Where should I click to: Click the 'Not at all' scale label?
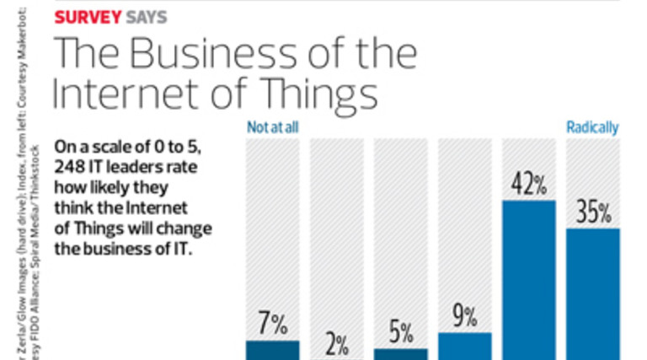(273, 128)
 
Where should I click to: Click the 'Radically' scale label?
(592, 128)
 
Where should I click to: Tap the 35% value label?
(592, 213)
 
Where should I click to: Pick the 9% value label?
(464, 317)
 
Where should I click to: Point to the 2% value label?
(336, 344)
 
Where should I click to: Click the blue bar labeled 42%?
(528, 278)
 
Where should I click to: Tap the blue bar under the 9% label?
(464, 346)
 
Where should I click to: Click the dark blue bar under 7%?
(272, 350)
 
